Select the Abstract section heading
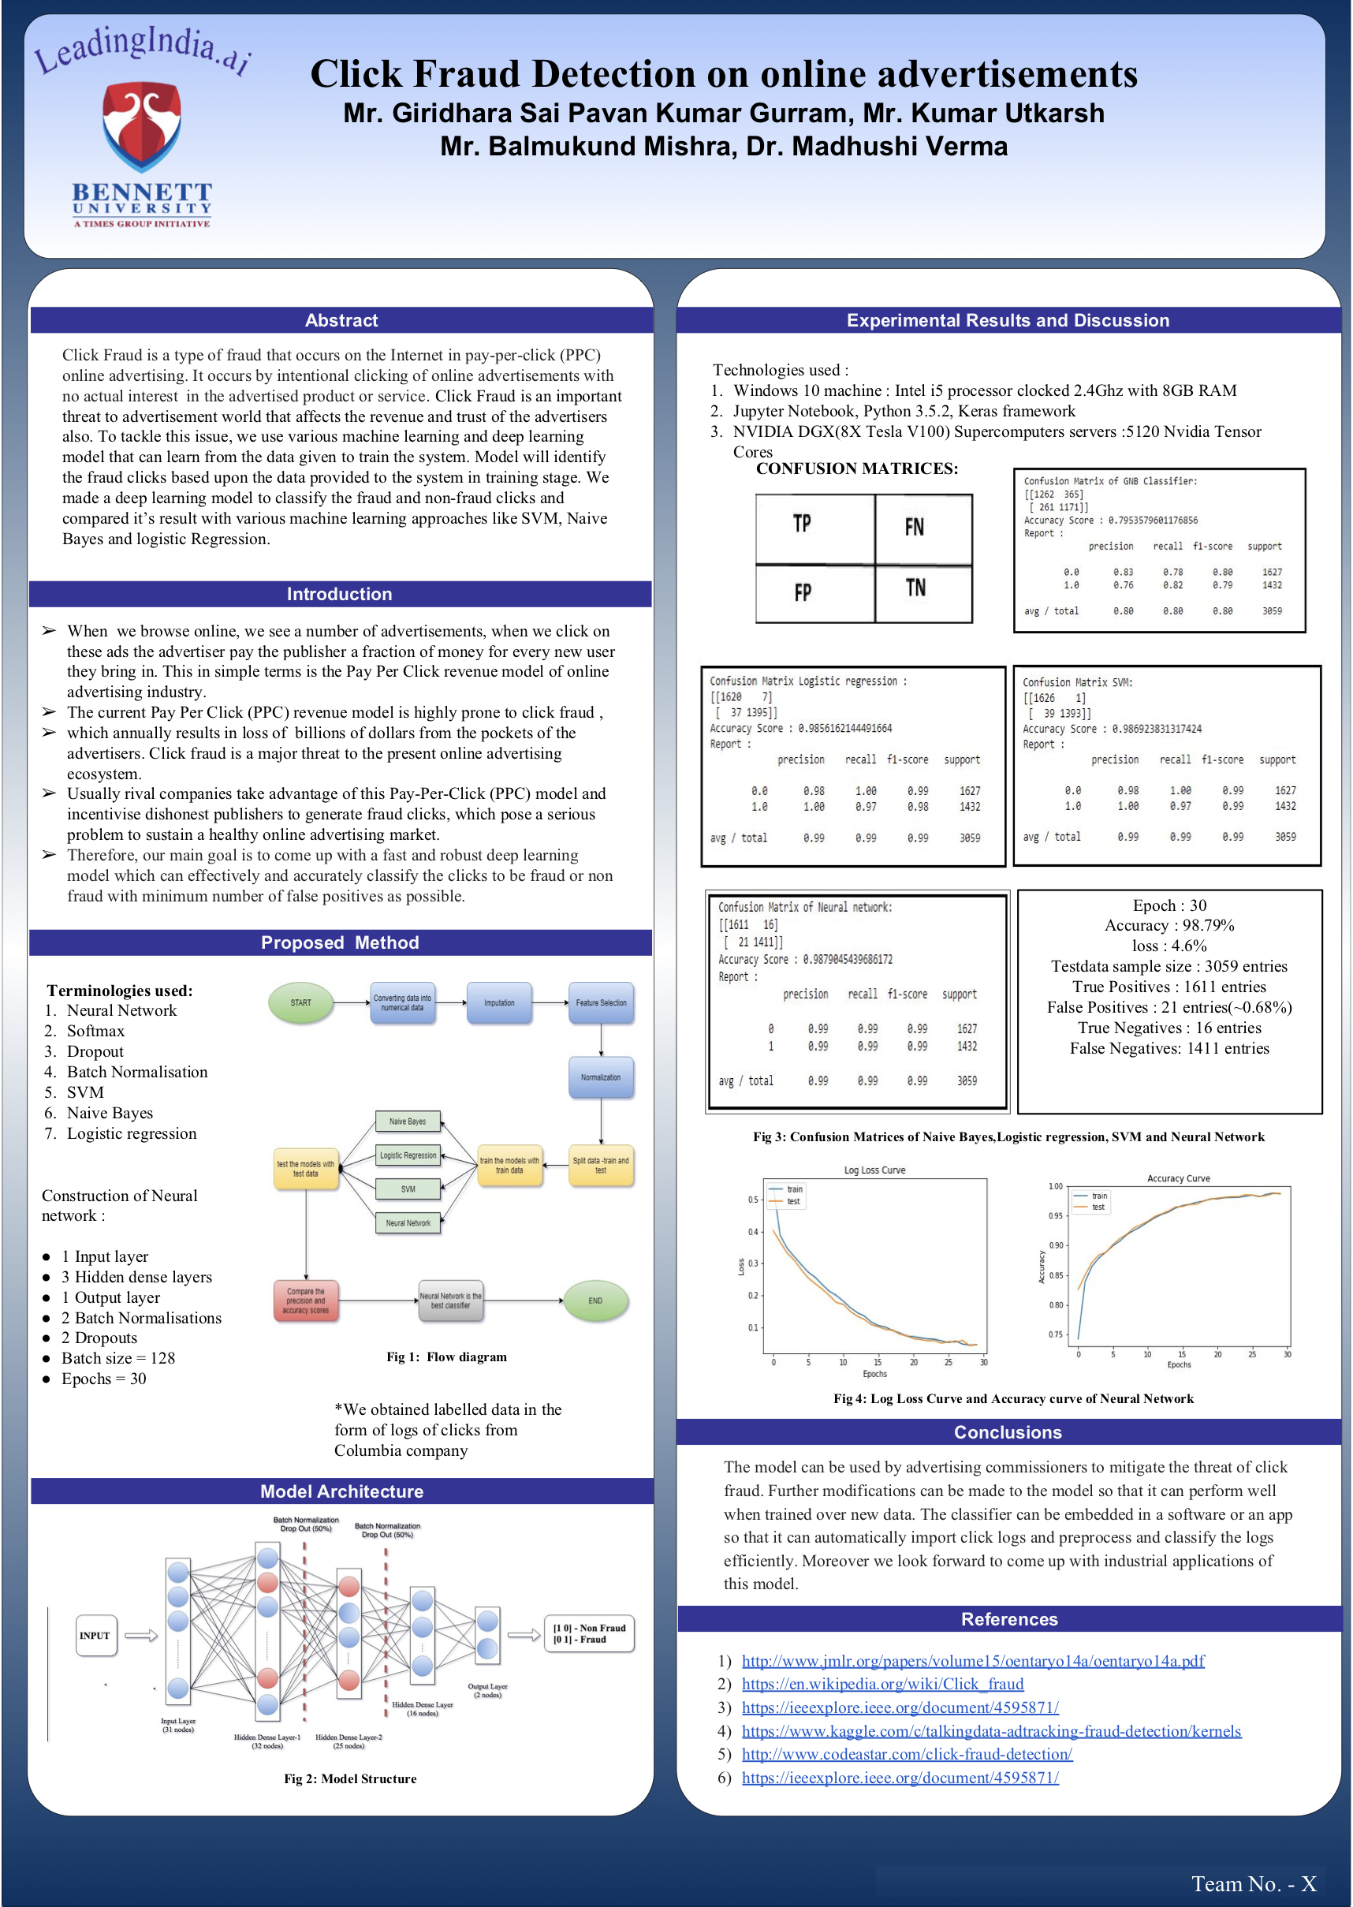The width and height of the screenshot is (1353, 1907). point(341,320)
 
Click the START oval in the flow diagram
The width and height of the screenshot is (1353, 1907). point(300,1002)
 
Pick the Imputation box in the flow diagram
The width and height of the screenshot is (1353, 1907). point(499,1002)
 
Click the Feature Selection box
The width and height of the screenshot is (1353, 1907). point(601,1002)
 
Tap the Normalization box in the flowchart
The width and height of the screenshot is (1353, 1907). point(601,1077)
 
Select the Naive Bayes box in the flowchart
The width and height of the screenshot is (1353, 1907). point(408,1121)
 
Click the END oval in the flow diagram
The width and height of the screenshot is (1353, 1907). point(594,1301)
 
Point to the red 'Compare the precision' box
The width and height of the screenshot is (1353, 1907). point(306,1301)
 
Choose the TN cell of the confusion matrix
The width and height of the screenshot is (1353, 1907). point(915,589)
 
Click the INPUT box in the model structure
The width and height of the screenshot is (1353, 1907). point(95,1636)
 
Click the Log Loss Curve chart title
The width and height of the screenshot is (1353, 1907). point(874,1170)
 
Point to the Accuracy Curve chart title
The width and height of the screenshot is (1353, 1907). point(1178,1178)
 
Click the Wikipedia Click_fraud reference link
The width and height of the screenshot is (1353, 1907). point(882,1684)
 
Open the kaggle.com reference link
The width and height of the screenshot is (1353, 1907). point(990,1730)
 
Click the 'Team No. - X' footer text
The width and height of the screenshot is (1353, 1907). point(1253,1883)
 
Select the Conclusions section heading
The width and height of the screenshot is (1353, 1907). point(1007,1432)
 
